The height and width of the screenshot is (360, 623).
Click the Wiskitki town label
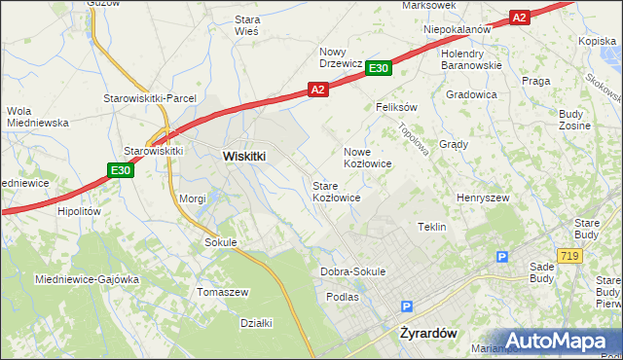pyautogui.click(x=244, y=155)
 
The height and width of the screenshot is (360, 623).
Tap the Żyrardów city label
pyautogui.click(x=428, y=332)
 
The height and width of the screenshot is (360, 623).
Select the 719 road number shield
pyautogui.click(x=570, y=255)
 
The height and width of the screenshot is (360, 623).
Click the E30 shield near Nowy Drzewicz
pyautogui.click(x=380, y=67)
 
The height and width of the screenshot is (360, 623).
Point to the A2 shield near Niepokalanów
pyautogui.click(x=519, y=18)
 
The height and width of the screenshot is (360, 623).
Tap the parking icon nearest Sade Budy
pyautogui.click(x=502, y=257)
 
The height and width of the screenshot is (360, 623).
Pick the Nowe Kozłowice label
pyautogui.click(x=367, y=158)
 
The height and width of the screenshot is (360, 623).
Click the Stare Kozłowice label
pyautogui.click(x=336, y=191)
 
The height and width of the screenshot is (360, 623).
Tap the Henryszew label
pyautogui.click(x=483, y=198)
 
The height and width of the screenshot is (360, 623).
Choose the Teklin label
pyautogui.click(x=431, y=227)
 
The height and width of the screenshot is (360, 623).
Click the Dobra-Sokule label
pyautogui.click(x=352, y=271)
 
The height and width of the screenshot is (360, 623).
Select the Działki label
pyautogui.click(x=255, y=323)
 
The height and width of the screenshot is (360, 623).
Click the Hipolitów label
pyautogui.click(x=80, y=211)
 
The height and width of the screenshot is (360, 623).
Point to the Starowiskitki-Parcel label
pyautogui.click(x=151, y=98)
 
